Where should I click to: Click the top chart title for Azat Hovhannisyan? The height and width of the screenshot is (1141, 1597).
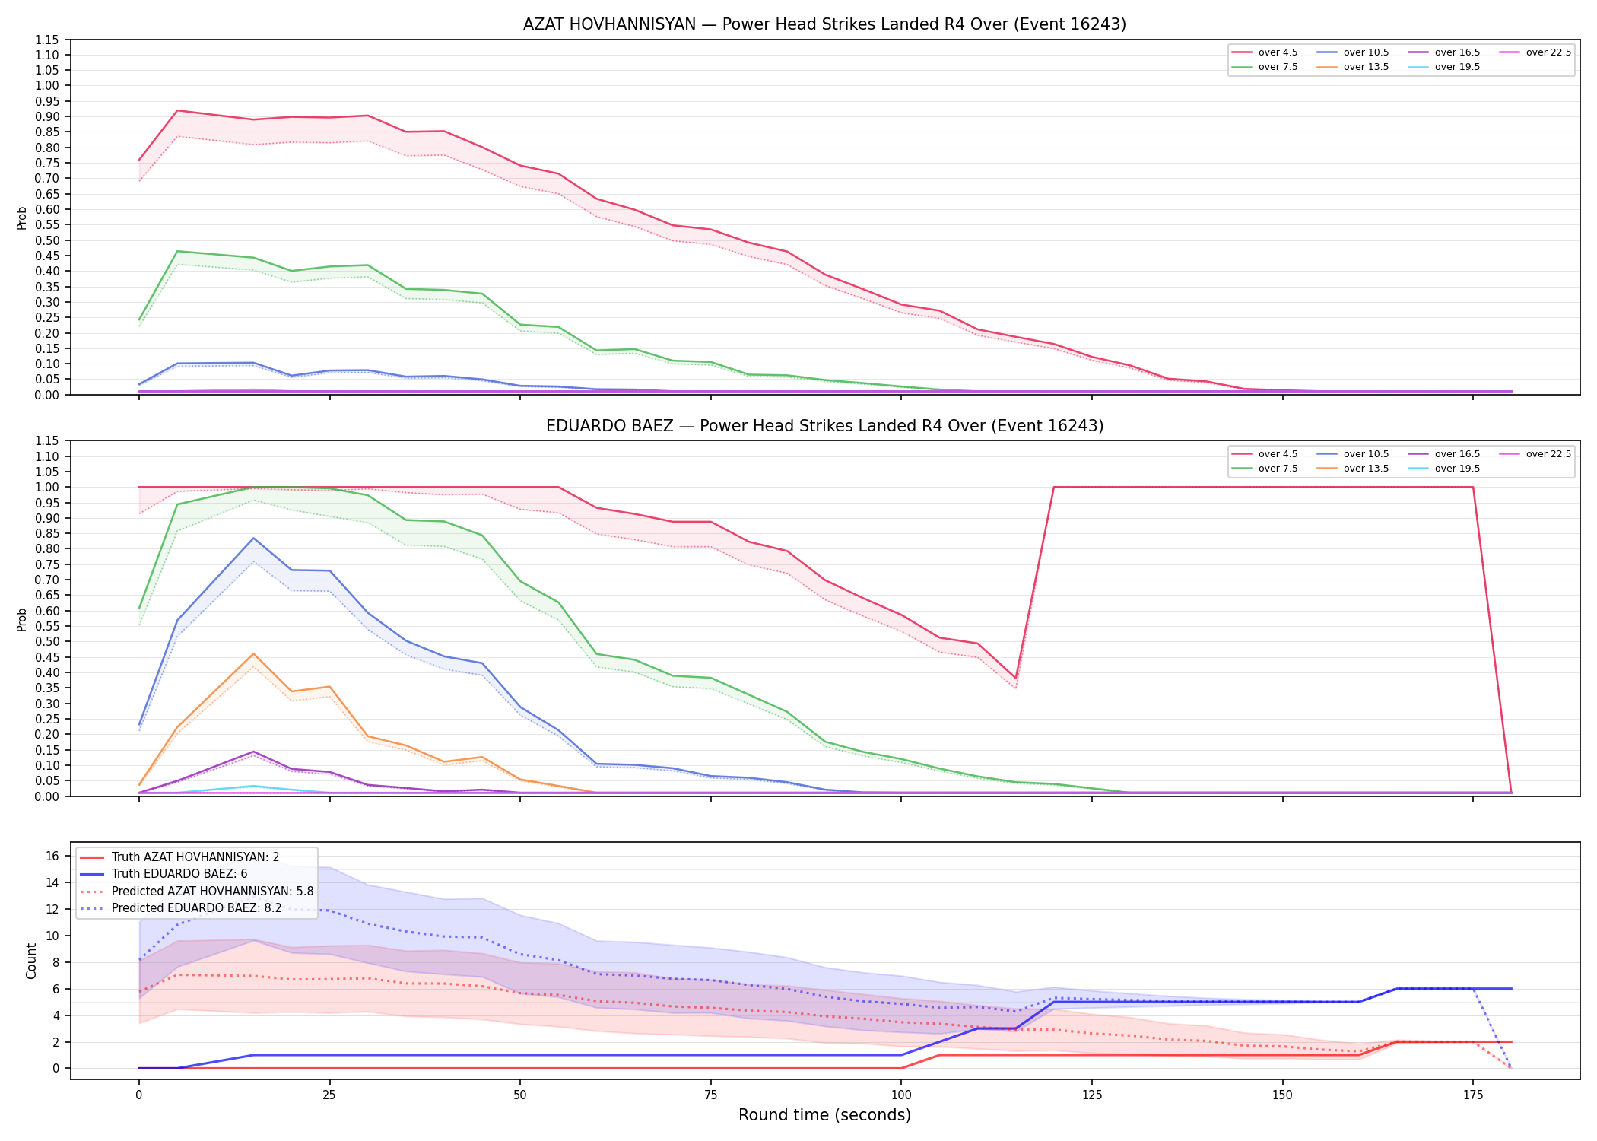824,24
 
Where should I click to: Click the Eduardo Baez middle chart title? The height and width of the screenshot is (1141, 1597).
824,426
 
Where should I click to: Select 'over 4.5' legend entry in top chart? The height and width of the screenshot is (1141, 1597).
1265,52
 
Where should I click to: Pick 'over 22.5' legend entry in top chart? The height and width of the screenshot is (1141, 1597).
1535,52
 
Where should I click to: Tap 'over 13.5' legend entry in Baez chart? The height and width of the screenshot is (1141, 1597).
1353,469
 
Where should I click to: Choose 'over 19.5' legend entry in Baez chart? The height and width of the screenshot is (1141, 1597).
1444,469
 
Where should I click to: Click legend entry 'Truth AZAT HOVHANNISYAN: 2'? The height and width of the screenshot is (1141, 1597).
179,857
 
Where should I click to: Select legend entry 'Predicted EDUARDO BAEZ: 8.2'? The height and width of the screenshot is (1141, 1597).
181,908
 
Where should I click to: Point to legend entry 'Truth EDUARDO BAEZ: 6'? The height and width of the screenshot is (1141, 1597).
164,874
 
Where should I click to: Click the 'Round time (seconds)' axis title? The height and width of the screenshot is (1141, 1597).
824,1115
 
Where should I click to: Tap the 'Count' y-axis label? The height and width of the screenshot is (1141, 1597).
31,961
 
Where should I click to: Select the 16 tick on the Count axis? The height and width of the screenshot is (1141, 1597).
52,856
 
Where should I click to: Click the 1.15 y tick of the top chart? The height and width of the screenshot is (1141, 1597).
47,40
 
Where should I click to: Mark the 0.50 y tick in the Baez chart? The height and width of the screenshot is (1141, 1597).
47,641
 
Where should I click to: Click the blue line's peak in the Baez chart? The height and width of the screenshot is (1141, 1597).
253,539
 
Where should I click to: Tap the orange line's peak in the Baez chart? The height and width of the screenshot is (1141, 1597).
253,654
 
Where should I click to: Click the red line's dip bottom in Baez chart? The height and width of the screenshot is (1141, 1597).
1015,678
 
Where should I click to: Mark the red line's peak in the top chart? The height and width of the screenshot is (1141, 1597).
177,110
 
